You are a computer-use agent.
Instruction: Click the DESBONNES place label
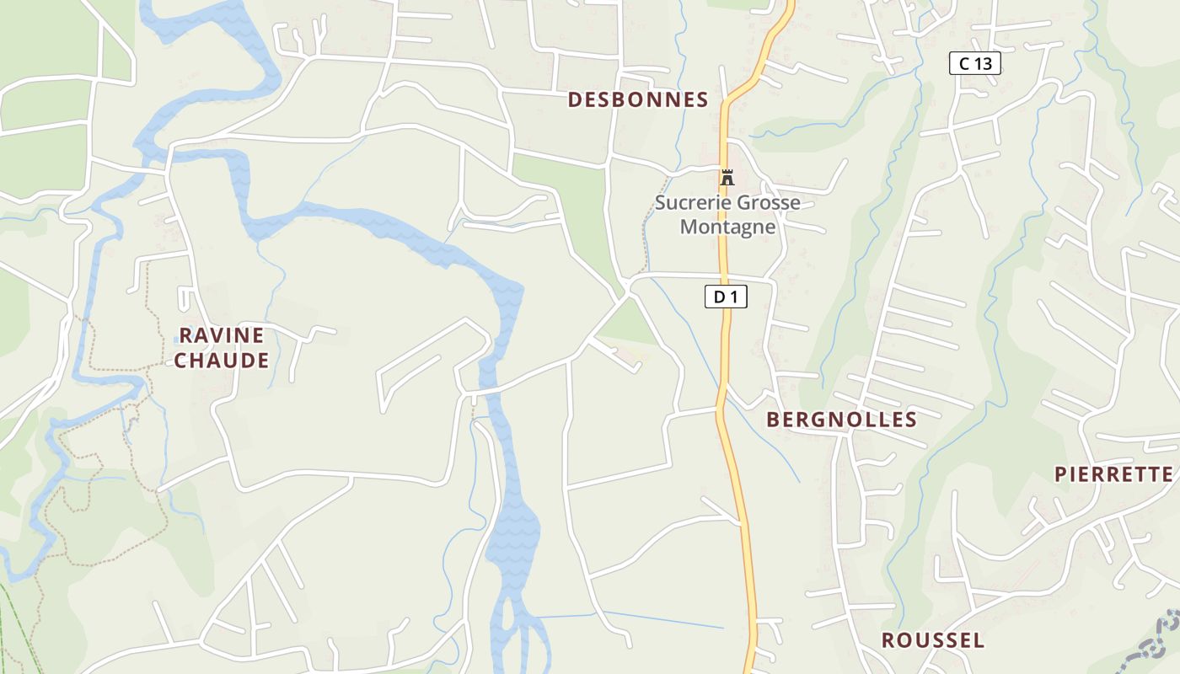(637, 99)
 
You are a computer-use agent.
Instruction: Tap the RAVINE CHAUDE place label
(222, 348)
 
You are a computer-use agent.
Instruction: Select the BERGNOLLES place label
(841, 420)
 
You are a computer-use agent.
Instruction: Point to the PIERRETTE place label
(1113, 474)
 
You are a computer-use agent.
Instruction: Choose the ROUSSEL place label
(932, 640)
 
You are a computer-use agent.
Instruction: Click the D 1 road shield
(726, 297)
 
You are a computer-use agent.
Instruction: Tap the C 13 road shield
(974, 63)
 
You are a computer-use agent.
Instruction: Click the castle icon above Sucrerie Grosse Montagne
(727, 178)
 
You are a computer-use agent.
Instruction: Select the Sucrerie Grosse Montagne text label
(727, 215)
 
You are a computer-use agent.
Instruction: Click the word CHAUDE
(222, 361)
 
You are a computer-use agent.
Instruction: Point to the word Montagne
(727, 227)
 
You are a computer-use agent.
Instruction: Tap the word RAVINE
(222, 335)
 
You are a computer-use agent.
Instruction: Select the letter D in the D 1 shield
(719, 297)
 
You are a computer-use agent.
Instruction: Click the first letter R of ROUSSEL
(888, 640)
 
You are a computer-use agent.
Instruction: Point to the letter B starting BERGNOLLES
(773, 420)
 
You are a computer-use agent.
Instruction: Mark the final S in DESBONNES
(702, 99)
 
